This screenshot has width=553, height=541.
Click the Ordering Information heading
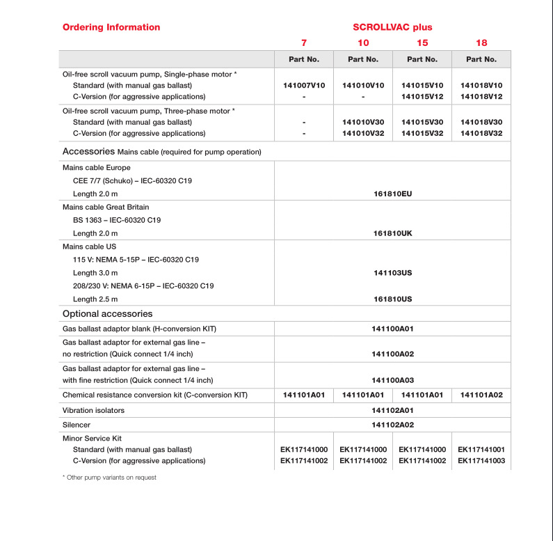(111, 27)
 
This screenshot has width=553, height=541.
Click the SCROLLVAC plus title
(392, 27)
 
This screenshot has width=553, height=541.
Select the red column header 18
(481, 43)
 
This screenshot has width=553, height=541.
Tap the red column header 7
(303, 43)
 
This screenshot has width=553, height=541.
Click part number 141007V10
(304, 85)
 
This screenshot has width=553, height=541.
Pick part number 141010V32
(363, 133)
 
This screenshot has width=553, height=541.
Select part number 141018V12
(481, 96)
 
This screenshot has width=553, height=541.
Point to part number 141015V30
(422, 122)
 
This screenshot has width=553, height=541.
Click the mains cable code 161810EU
(393, 193)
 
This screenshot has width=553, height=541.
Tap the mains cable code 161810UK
(393, 233)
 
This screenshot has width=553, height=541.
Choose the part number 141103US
(393, 273)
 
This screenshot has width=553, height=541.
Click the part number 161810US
(393, 299)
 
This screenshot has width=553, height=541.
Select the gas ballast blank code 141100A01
(393, 329)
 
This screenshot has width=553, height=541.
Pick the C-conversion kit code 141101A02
(481, 395)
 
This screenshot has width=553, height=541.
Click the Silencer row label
(77, 424)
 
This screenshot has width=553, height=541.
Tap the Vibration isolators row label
(94, 410)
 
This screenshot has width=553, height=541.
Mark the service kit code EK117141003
(481, 461)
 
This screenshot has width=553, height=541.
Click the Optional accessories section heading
(108, 313)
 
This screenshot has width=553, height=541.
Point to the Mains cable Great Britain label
(106, 207)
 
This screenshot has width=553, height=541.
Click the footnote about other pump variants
(109, 478)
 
